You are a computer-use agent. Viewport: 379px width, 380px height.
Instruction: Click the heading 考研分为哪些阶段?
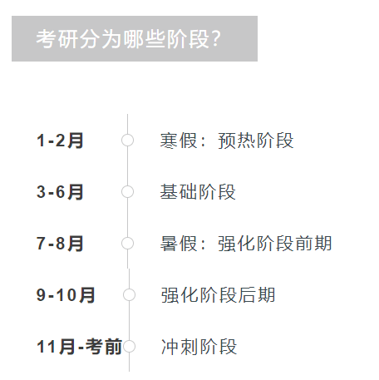pyautogui.click(x=128, y=39)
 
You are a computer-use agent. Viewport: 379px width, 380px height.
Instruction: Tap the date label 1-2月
pyautogui.click(x=60, y=141)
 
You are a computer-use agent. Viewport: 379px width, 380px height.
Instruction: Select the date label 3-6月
pyautogui.click(x=60, y=192)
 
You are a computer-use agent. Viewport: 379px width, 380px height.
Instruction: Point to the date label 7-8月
pyautogui.click(x=60, y=244)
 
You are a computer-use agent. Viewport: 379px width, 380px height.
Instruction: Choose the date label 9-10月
pyautogui.click(x=66, y=295)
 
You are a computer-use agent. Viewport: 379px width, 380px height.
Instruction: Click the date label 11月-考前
pyautogui.click(x=80, y=347)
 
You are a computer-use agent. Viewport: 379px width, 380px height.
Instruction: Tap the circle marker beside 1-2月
pyautogui.click(x=127, y=140)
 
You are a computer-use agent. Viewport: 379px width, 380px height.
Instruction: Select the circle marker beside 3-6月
pyautogui.click(x=127, y=191)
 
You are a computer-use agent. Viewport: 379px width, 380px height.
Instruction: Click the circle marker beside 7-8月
pyautogui.click(x=127, y=243)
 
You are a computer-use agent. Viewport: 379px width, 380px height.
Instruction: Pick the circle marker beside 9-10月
pyautogui.click(x=129, y=294)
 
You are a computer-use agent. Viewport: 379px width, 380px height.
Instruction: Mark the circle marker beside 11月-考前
pyautogui.click(x=129, y=347)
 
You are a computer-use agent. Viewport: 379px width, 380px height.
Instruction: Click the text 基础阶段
pyautogui.click(x=198, y=192)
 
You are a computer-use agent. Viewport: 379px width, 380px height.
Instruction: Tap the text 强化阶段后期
pyautogui.click(x=218, y=295)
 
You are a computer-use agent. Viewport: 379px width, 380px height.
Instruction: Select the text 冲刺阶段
pyautogui.click(x=199, y=347)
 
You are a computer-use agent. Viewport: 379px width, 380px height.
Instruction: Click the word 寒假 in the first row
pyautogui.click(x=179, y=141)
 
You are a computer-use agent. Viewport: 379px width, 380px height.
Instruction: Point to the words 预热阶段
pyautogui.click(x=256, y=141)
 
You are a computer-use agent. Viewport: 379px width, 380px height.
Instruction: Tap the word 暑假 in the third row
pyautogui.click(x=179, y=244)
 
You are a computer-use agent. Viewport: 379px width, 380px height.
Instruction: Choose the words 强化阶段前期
pyautogui.click(x=275, y=244)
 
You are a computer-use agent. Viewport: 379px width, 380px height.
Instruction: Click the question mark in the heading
pyautogui.click(x=215, y=39)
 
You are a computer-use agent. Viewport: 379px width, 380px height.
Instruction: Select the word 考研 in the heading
pyautogui.click(x=57, y=39)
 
